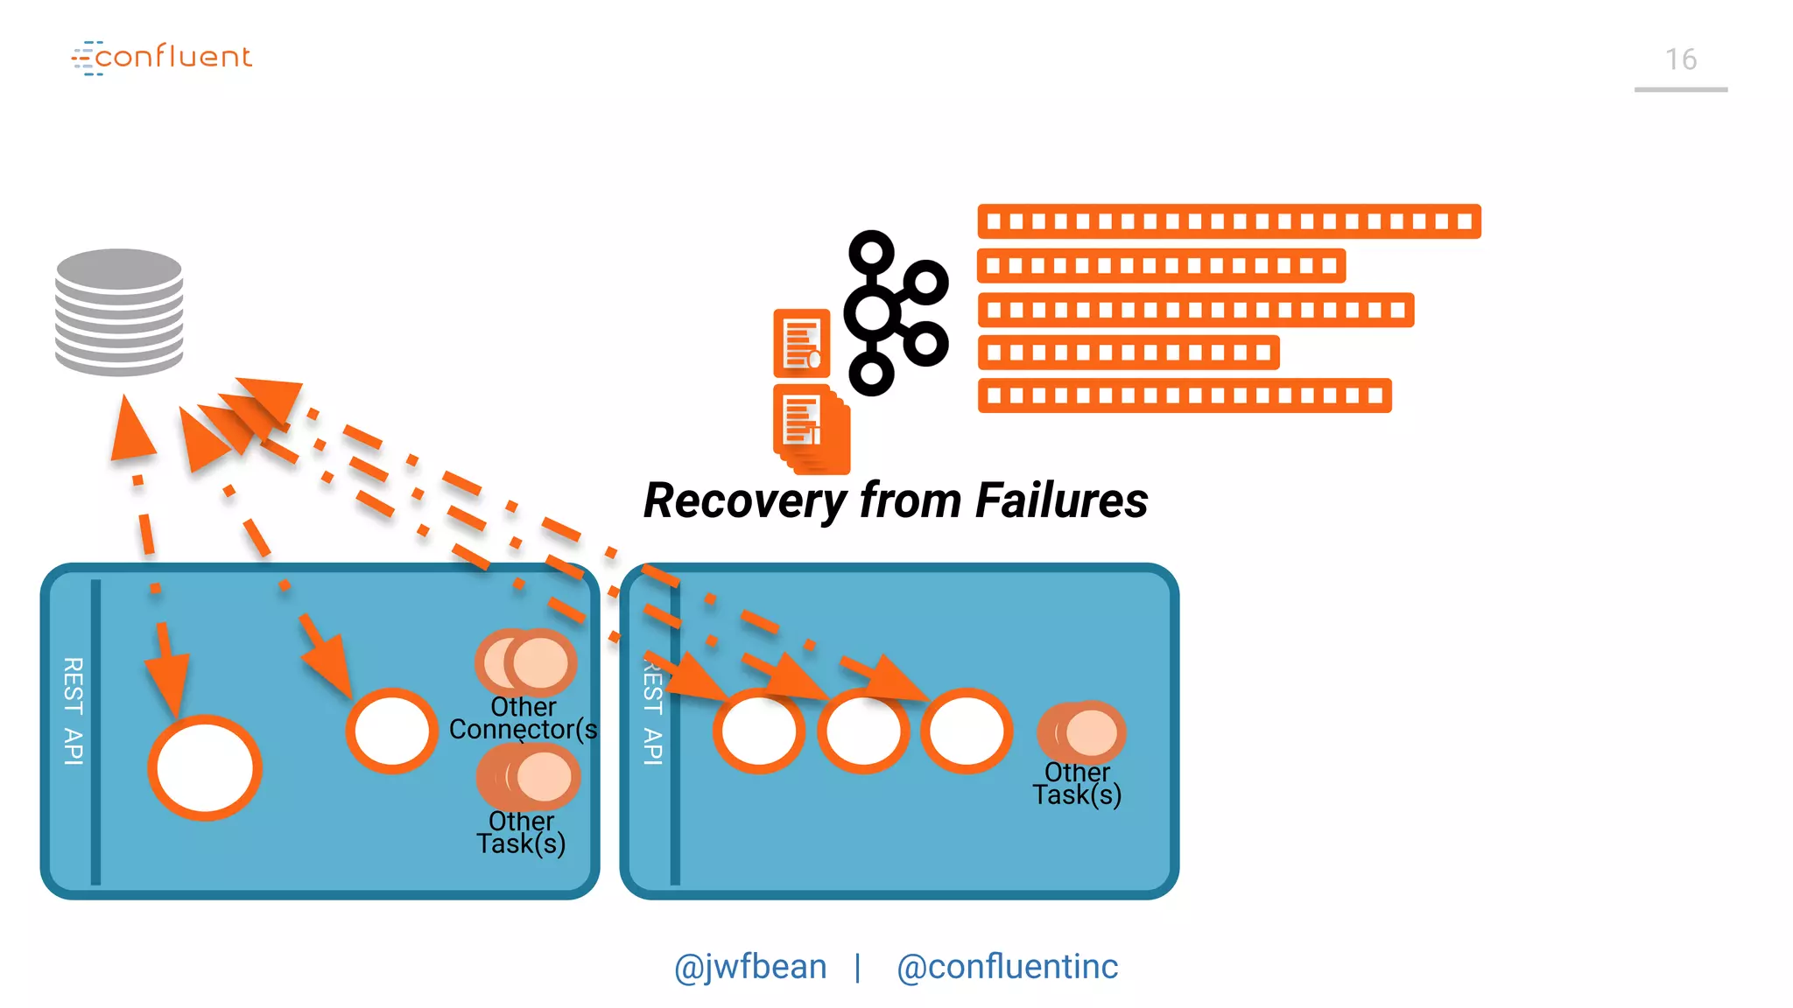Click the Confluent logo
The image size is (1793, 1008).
163,58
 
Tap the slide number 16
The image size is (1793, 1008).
1680,59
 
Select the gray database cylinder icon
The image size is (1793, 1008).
119,311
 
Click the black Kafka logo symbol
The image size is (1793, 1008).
894,312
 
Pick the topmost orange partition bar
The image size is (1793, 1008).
1228,221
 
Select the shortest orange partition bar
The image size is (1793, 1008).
1128,353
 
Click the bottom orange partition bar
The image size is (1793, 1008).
1184,395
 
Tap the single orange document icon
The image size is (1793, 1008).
801,342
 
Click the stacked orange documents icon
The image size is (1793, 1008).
811,429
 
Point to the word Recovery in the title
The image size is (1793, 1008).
744,501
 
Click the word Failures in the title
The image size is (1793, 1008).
1061,501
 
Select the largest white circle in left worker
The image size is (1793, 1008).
205,768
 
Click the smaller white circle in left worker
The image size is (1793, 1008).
391,731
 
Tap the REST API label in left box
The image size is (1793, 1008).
74,710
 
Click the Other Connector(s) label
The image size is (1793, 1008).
523,718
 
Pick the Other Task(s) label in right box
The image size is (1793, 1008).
1077,784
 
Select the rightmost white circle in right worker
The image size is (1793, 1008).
967,731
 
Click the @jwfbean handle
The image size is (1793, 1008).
750,967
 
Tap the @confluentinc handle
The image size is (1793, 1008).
1007,967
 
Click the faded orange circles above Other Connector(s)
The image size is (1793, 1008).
526,661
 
